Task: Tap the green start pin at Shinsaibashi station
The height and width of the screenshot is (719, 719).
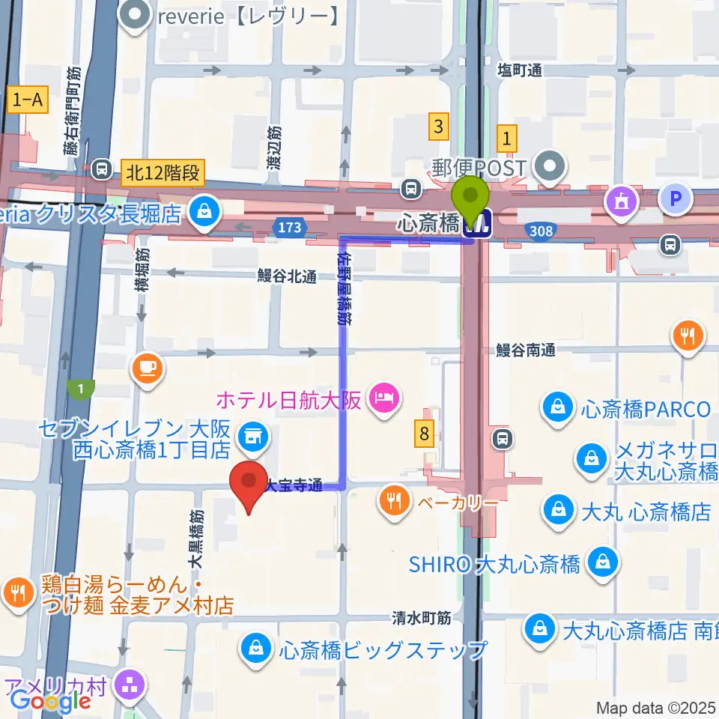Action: [471, 198]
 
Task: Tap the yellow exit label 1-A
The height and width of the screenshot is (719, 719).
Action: [25, 100]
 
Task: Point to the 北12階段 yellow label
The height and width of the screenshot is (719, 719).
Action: [163, 173]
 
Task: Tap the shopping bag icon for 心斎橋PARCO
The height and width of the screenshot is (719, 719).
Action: [558, 409]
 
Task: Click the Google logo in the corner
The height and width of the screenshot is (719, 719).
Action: [51, 701]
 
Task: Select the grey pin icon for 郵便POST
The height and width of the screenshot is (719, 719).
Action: [552, 165]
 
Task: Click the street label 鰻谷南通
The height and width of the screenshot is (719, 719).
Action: [527, 350]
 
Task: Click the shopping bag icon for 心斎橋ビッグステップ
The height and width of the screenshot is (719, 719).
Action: [256, 649]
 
